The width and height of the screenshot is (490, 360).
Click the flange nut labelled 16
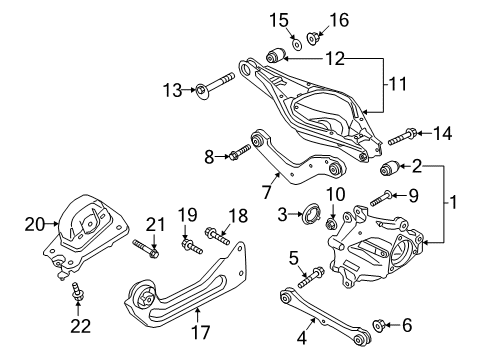click(x=311, y=39)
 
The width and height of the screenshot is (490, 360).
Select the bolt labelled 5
click(x=315, y=272)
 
